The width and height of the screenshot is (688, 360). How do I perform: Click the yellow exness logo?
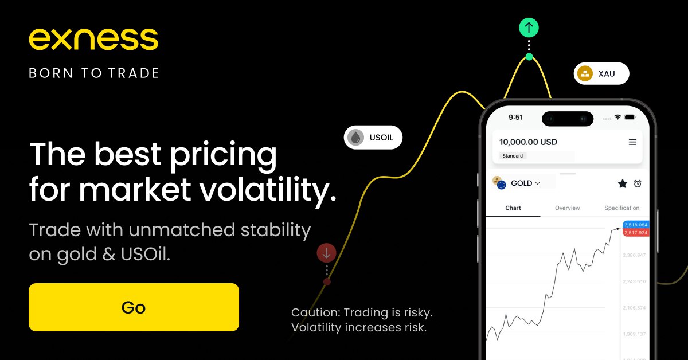click(93, 39)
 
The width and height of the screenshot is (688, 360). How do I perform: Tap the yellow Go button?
click(134, 307)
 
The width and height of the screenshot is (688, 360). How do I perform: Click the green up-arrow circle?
click(529, 28)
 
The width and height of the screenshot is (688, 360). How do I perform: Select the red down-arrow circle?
click(326, 253)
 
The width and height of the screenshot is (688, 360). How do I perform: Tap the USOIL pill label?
click(373, 138)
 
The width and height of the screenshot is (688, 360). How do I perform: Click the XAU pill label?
click(601, 73)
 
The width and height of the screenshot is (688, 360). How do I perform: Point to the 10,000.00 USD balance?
click(528, 142)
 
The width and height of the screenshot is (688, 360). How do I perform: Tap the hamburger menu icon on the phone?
click(632, 142)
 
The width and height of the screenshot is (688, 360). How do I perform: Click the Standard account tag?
click(513, 156)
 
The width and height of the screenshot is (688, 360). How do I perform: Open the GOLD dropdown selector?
click(525, 183)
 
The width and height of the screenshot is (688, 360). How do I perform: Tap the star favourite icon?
click(622, 183)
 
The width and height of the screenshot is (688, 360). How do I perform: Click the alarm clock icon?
click(638, 183)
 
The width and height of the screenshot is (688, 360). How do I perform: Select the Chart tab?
click(513, 208)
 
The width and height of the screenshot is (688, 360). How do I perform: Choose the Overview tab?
click(567, 208)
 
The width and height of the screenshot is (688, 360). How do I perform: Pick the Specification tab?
click(621, 208)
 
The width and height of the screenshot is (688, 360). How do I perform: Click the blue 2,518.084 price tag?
click(636, 225)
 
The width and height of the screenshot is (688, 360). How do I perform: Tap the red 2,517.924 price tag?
click(636, 233)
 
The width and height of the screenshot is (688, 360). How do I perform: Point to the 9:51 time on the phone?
click(515, 117)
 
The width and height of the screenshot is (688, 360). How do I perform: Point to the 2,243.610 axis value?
click(634, 281)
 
